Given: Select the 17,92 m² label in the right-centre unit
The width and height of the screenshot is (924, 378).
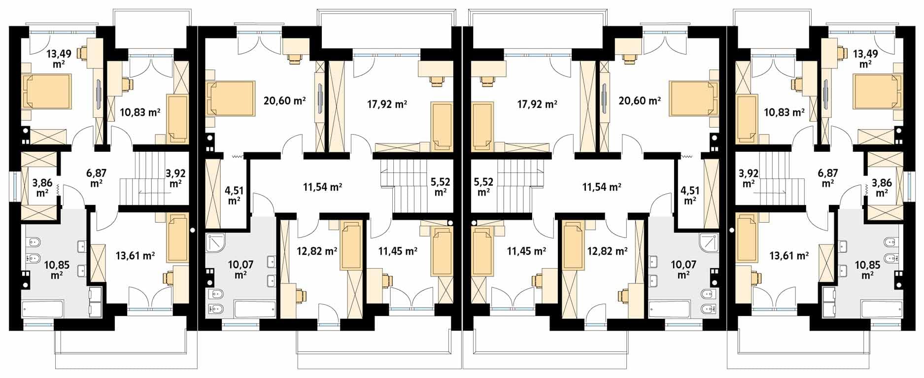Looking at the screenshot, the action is (537, 104).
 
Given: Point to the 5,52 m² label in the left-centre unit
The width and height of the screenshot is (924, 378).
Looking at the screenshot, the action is (441, 187).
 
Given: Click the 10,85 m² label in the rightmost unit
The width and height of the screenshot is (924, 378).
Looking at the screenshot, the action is (867, 270).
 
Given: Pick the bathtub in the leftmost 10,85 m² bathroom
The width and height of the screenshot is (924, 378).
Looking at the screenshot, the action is (42, 309).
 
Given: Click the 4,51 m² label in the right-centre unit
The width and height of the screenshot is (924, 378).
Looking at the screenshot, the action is (689, 195).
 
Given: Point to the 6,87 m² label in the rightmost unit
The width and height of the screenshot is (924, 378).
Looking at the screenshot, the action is (828, 177).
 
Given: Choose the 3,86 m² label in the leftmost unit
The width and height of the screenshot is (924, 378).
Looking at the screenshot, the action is (42, 187).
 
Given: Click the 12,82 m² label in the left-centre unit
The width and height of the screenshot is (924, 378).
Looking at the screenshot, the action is (317, 251).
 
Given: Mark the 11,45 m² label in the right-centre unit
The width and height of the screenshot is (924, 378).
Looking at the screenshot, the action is (526, 251).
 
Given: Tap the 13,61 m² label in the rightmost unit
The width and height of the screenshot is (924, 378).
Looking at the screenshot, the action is (789, 255).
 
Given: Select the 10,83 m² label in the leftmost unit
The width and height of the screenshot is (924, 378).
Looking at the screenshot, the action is (140, 112).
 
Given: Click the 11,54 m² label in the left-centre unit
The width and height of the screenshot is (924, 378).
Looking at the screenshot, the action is (322, 187).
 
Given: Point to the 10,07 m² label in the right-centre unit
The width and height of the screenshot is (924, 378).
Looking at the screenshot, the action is (683, 270).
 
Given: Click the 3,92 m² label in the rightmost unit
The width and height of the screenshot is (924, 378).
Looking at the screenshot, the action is (748, 177).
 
